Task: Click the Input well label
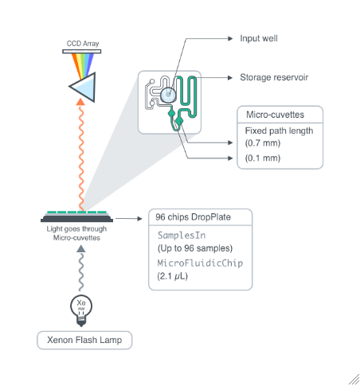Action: click(x=258, y=37)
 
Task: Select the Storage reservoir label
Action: click(x=274, y=78)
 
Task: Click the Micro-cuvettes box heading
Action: click(x=275, y=115)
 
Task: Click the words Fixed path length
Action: click(x=279, y=131)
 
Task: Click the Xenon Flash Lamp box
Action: click(x=84, y=340)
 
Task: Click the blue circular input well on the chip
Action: click(x=168, y=95)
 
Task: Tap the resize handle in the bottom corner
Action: click(x=353, y=379)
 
